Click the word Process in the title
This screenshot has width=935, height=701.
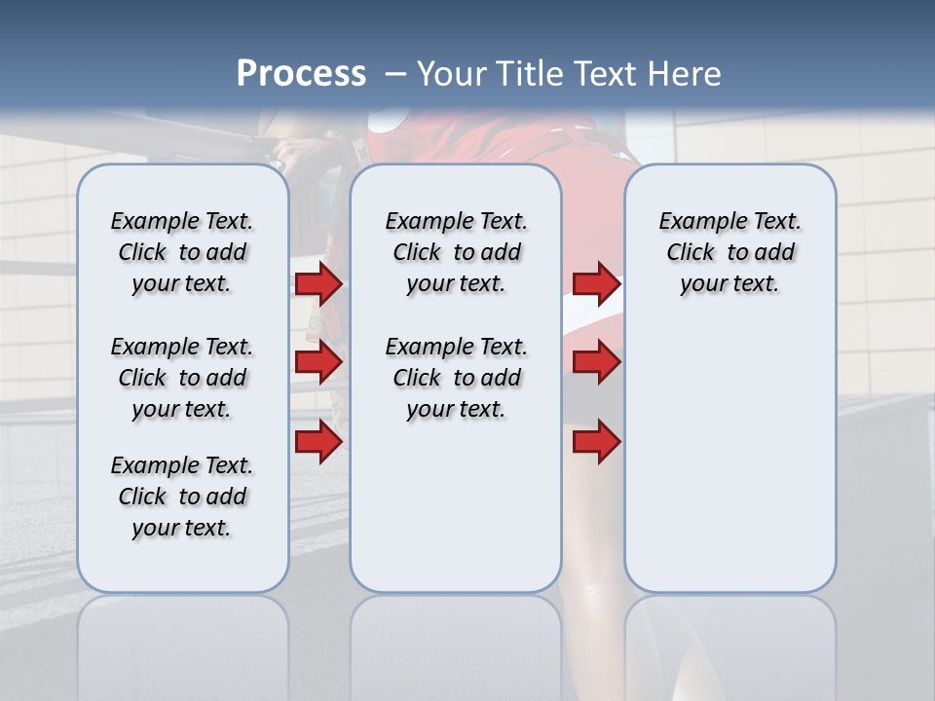301,74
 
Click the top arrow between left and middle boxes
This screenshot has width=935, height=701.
318,283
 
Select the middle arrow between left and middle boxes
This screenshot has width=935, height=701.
318,363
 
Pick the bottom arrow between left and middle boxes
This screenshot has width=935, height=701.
318,441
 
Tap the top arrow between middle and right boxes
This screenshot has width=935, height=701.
596,283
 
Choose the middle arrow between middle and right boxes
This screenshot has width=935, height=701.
596,363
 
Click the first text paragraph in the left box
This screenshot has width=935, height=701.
182,252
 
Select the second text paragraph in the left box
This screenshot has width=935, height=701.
182,378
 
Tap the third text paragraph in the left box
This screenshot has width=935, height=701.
182,497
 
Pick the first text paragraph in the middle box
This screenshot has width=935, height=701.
457,252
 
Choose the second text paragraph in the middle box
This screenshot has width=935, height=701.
457,378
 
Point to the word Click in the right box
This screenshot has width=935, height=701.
691,253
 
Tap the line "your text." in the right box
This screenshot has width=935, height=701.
729,284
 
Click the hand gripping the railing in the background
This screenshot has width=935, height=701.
292,152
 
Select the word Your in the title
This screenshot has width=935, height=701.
452,74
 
